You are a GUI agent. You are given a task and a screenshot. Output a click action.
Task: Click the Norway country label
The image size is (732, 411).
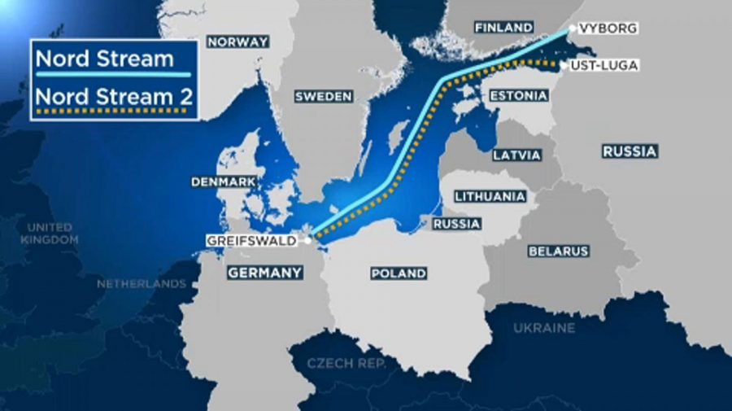point(237,42)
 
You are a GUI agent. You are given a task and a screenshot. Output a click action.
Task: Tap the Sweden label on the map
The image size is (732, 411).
point(323,96)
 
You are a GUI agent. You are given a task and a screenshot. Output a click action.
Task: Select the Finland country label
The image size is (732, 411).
point(503,28)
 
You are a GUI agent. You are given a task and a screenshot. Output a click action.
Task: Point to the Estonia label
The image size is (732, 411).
point(518,95)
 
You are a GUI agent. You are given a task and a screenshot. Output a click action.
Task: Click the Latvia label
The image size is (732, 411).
point(516,154)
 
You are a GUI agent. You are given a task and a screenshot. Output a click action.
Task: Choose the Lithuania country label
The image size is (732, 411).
point(490,196)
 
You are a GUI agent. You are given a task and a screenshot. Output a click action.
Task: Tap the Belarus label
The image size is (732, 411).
point(558,251)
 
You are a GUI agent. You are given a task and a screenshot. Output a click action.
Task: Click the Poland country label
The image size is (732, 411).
point(398,273)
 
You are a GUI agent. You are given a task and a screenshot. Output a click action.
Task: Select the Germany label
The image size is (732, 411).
point(264,273)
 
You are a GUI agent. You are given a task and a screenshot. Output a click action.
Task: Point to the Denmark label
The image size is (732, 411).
point(223,182)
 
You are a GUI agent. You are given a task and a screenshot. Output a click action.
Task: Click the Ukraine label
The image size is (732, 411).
point(543,328)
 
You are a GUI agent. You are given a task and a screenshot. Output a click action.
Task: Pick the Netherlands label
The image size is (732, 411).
point(142,284)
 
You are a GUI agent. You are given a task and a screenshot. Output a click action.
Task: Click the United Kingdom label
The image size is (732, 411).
point(49,234)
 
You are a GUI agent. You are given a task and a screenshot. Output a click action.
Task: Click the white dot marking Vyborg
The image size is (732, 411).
point(572,28)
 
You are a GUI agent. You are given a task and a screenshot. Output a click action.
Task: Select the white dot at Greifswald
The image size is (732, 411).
point(308,240)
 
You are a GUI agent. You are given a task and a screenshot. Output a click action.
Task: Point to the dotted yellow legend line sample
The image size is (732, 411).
point(115,111)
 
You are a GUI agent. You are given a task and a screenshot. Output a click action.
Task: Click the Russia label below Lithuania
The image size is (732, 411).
point(456,223)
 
